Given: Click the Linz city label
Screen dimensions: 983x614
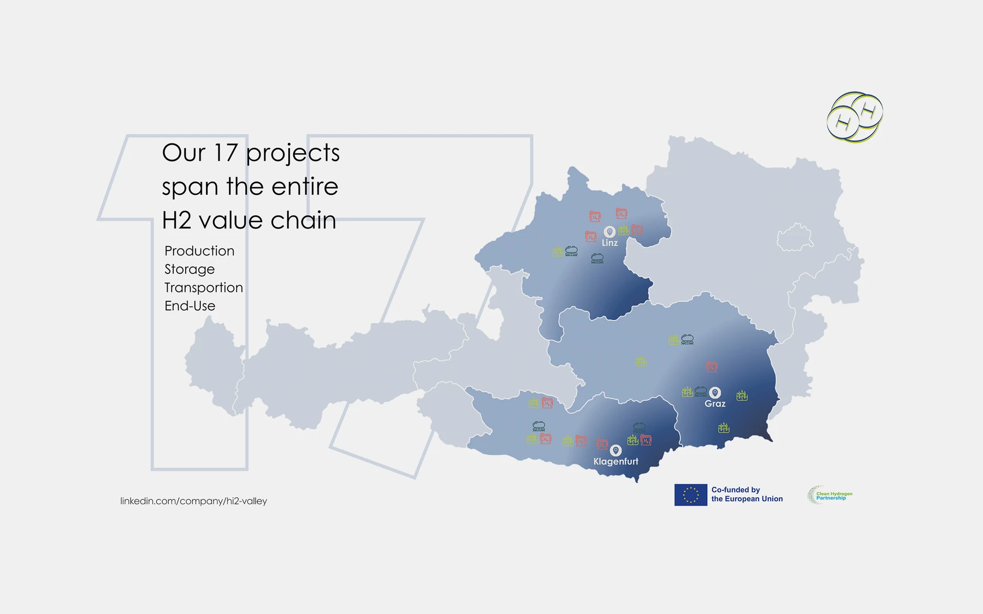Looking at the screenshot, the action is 609,243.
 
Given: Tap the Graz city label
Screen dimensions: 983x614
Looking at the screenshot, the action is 715,404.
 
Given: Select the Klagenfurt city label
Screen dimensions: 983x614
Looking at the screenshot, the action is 615,461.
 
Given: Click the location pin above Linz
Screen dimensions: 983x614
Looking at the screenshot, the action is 609,233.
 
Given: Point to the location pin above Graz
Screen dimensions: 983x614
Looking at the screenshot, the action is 715,393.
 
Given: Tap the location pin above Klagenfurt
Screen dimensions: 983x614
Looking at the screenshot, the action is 615,451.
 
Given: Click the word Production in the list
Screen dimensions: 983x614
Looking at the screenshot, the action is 199,251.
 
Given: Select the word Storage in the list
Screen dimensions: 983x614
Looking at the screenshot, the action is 190,270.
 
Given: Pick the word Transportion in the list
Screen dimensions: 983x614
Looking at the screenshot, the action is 204,288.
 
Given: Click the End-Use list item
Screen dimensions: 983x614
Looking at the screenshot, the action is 190,306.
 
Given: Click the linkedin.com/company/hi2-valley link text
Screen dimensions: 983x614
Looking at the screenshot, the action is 193,501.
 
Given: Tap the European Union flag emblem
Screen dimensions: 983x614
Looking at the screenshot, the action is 691,495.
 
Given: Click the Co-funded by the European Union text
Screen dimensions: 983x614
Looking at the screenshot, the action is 747,494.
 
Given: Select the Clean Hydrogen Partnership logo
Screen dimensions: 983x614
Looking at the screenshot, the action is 830,495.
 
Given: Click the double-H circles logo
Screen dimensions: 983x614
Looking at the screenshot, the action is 855,117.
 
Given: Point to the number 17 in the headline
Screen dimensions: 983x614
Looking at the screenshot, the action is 225,153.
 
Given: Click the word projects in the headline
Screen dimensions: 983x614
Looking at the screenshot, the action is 293,154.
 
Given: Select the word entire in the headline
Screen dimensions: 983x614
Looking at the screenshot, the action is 305,187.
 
